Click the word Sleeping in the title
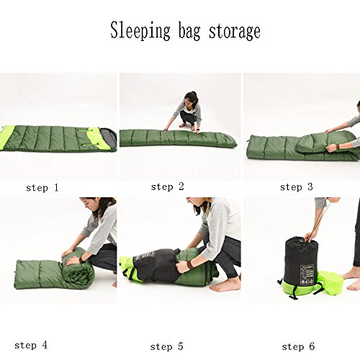tap(140, 31)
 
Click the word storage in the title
tap(235, 32)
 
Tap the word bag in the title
tap(189, 32)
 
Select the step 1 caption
tap(42, 188)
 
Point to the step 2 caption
tap(168, 186)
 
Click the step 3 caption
tap(297, 187)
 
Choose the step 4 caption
tap(31, 346)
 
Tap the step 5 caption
tap(167, 346)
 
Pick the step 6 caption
tap(298, 346)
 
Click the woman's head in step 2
tap(191, 99)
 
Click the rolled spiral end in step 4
tap(78, 276)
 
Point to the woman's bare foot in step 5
tap(225, 286)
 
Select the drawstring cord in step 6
tap(318, 219)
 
